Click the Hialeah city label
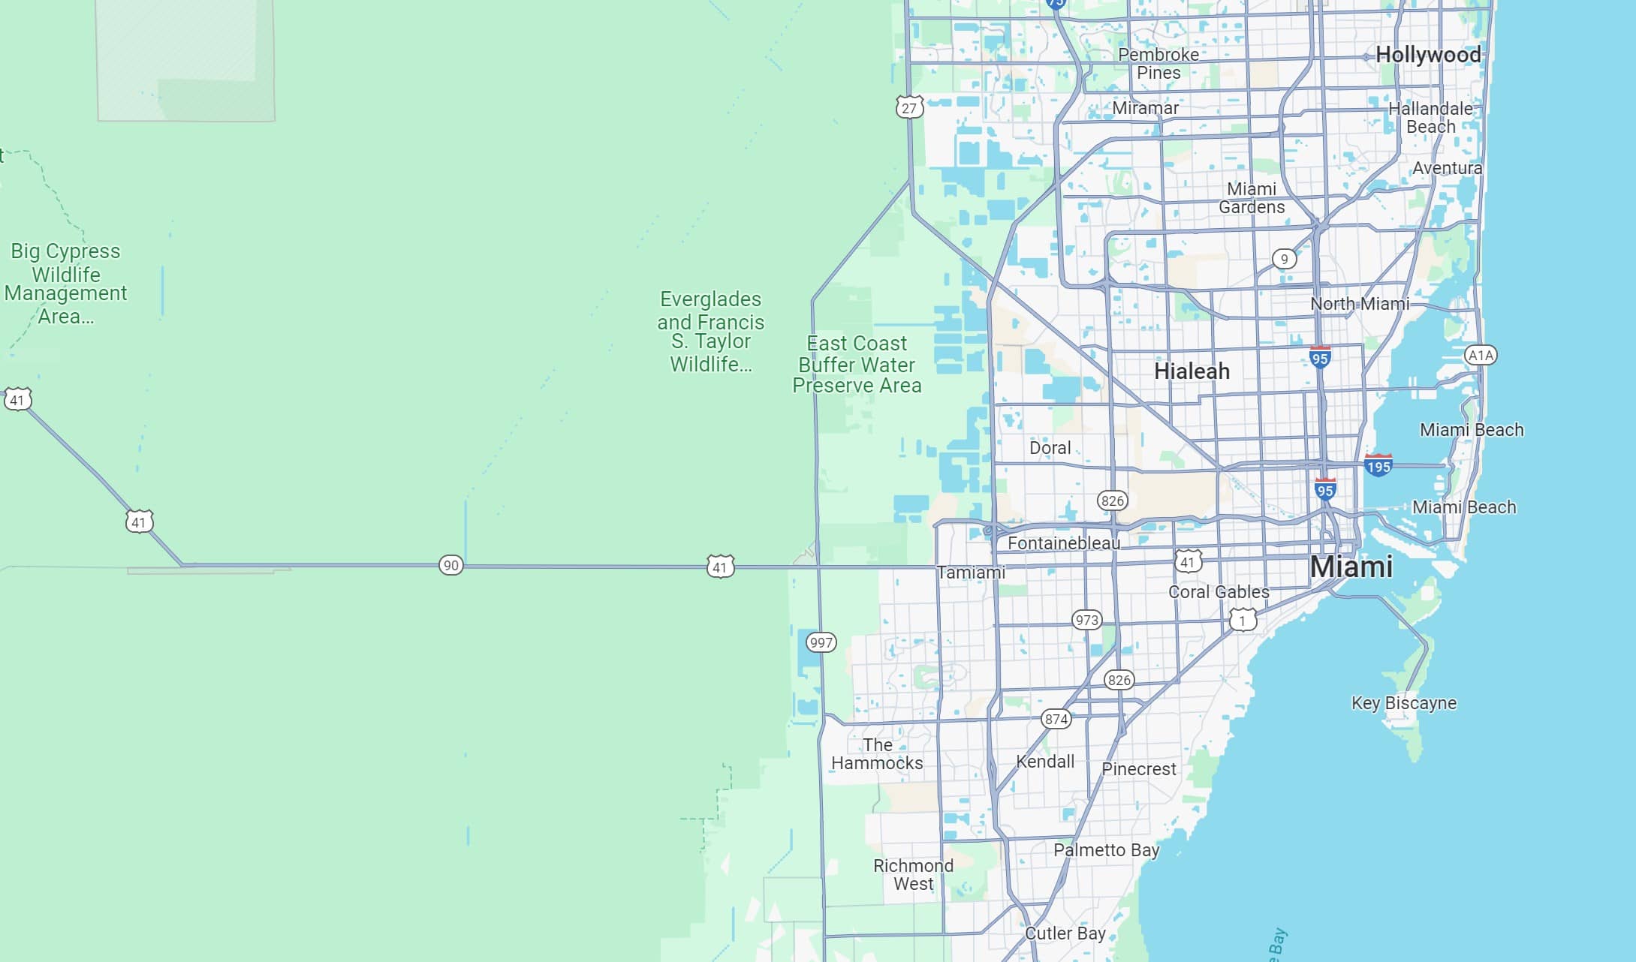(x=1192, y=371)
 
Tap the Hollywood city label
(x=1428, y=55)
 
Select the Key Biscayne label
(x=1403, y=703)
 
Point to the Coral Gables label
(x=1219, y=592)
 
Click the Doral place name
(x=1050, y=448)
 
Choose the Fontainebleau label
(x=1063, y=543)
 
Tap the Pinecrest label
(x=1138, y=769)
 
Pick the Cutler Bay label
(x=1065, y=933)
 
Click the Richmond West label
(x=913, y=875)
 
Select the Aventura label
(x=1447, y=168)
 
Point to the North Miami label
(x=1359, y=304)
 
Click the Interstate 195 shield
(x=1378, y=466)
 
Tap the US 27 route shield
(x=908, y=108)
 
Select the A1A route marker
(x=1480, y=355)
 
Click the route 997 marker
(x=821, y=642)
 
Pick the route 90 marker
(x=450, y=565)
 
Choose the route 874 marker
(x=1056, y=719)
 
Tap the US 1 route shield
(x=1243, y=621)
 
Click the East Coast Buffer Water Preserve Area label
(x=857, y=365)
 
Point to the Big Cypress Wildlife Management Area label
(x=65, y=284)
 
